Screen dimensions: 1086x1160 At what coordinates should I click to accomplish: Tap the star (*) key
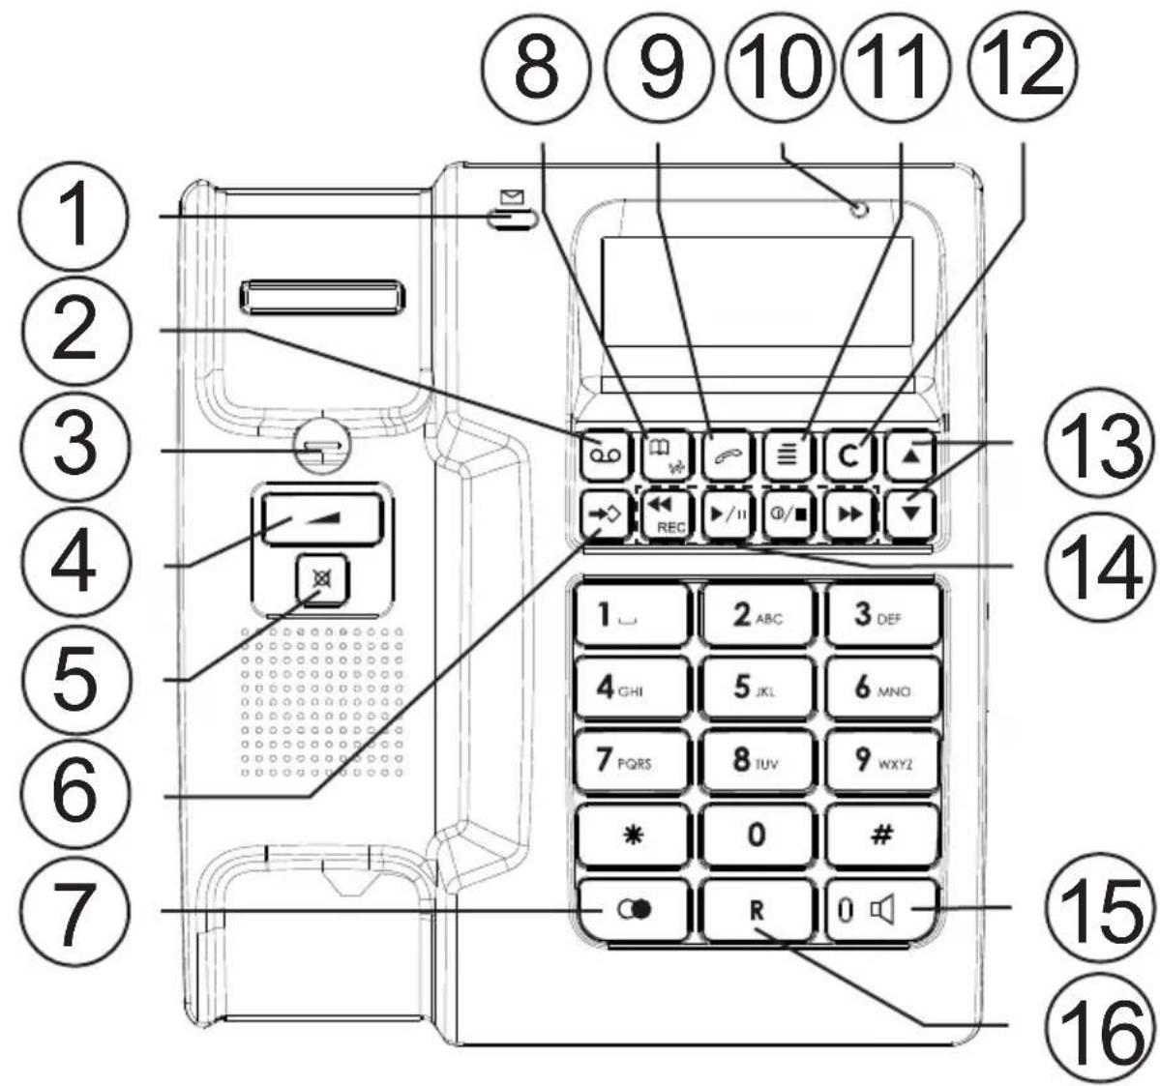[632, 836]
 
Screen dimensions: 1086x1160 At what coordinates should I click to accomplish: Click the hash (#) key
[880, 836]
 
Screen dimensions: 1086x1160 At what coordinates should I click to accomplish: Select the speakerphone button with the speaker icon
[880, 910]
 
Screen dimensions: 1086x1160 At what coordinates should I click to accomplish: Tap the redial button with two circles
[632, 910]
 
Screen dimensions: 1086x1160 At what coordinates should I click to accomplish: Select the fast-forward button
[848, 514]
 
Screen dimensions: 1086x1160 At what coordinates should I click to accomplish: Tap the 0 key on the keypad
[757, 836]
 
